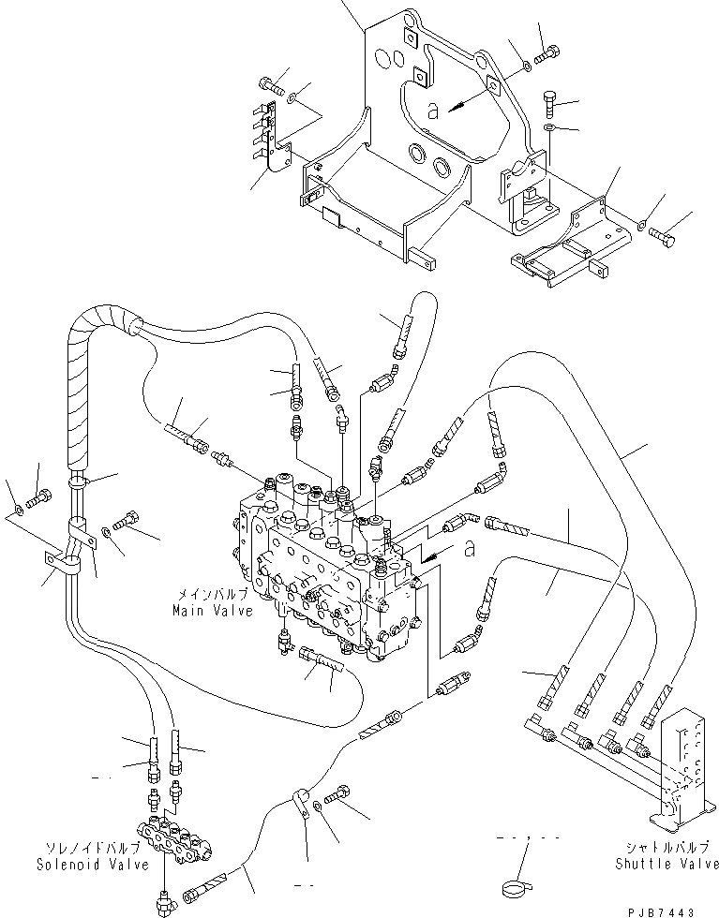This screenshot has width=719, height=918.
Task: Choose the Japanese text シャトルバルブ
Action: [667, 849]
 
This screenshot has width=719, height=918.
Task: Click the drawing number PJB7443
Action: [680, 909]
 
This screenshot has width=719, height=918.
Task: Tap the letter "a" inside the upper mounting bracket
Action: [432, 111]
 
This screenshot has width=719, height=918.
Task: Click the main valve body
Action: [328, 571]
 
